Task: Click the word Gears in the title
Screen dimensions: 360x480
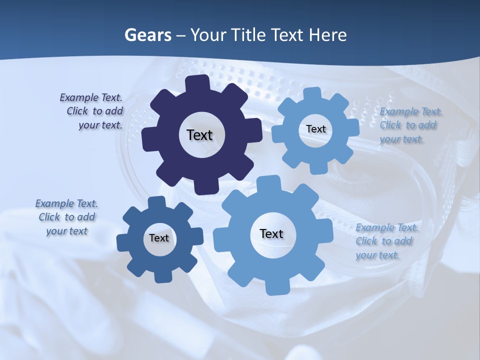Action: click(x=147, y=35)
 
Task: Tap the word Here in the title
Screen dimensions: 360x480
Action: click(x=327, y=35)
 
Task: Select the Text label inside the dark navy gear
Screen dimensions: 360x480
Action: click(x=200, y=135)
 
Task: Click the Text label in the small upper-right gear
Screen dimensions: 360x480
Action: click(x=315, y=129)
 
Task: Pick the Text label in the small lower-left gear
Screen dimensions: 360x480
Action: click(x=159, y=238)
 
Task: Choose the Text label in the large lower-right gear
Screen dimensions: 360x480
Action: click(x=271, y=233)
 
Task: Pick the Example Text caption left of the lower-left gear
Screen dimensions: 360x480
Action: click(x=67, y=217)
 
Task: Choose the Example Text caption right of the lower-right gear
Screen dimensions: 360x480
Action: click(x=386, y=241)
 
